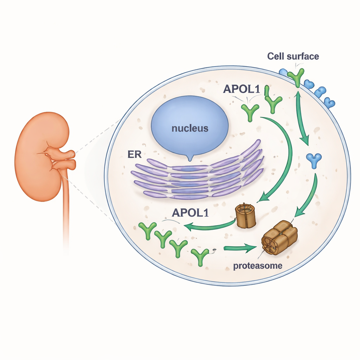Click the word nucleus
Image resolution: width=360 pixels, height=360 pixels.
(x=190, y=128)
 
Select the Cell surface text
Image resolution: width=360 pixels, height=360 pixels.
(x=293, y=56)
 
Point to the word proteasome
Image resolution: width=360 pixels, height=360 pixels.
(x=258, y=266)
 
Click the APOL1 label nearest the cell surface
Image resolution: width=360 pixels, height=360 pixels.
(x=241, y=89)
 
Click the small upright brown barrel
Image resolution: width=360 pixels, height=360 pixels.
(x=245, y=216)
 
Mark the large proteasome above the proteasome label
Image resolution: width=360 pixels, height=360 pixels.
(x=279, y=237)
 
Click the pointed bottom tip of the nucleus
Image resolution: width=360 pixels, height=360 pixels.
(x=190, y=159)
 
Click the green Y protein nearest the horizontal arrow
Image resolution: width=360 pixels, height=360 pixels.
(x=200, y=256)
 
